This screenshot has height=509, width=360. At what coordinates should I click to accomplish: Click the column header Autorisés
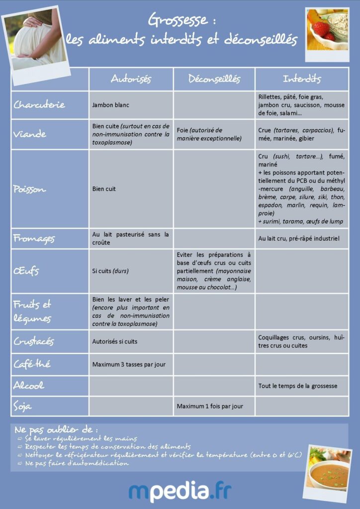click(131, 79)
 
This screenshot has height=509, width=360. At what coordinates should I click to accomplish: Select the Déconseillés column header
click(214, 79)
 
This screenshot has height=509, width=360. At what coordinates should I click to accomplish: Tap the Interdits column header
click(302, 79)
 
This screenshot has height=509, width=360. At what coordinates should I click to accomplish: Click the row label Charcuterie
click(39, 105)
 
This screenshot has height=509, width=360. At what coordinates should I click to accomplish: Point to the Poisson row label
click(30, 189)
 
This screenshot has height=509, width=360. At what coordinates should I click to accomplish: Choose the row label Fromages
click(33, 238)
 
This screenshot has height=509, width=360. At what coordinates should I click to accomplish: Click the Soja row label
click(23, 406)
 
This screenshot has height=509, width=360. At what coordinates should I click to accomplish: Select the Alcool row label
click(29, 385)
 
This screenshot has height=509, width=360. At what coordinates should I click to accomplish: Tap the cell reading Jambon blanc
click(111, 105)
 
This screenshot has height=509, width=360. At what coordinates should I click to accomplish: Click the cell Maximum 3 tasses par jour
click(129, 364)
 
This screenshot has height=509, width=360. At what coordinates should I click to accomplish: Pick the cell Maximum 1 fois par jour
click(210, 406)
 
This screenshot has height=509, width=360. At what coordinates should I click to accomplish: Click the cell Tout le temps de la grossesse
click(298, 386)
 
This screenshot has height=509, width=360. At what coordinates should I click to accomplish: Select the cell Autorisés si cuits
click(115, 341)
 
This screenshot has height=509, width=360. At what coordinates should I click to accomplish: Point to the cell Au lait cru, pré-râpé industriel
click(299, 239)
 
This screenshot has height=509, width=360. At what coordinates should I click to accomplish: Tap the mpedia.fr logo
click(180, 491)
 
